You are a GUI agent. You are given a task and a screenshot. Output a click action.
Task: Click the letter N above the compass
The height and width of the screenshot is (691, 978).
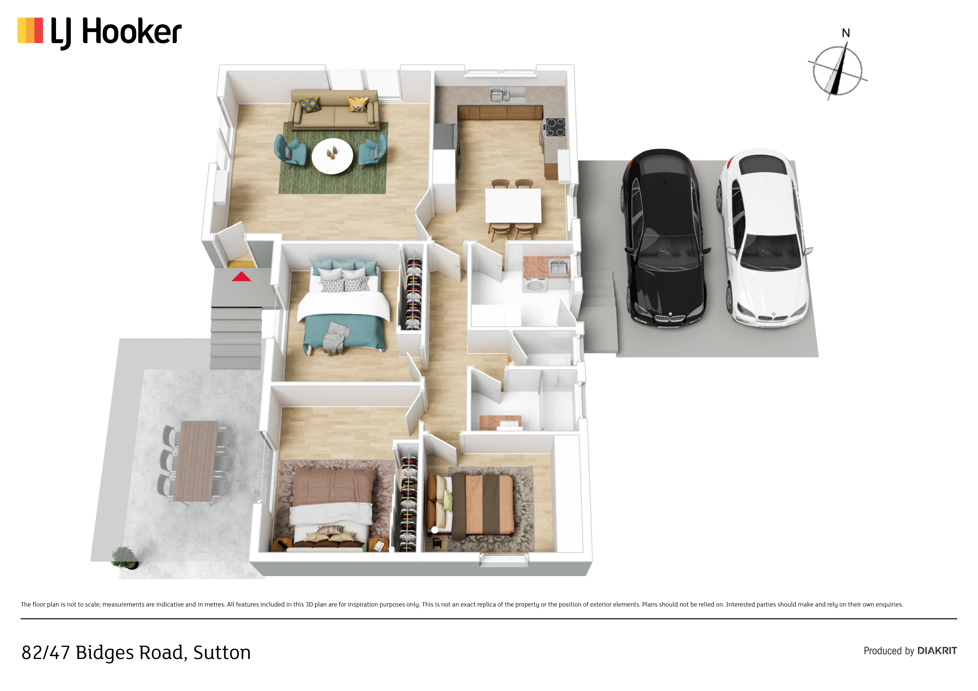pyautogui.click(x=846, y=33)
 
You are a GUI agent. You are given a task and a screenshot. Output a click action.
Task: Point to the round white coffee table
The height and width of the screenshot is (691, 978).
pyautogui.click(x=332, y=156)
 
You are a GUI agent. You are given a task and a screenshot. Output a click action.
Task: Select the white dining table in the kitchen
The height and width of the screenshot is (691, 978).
pyautogui.click(x=513, y=205)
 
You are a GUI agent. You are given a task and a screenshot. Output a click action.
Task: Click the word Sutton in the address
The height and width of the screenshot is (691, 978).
pyautogui.click(x=222, y=653)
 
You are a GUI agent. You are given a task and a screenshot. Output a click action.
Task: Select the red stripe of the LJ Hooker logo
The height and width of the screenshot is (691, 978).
pyautogui.click(x=39, y=30)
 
